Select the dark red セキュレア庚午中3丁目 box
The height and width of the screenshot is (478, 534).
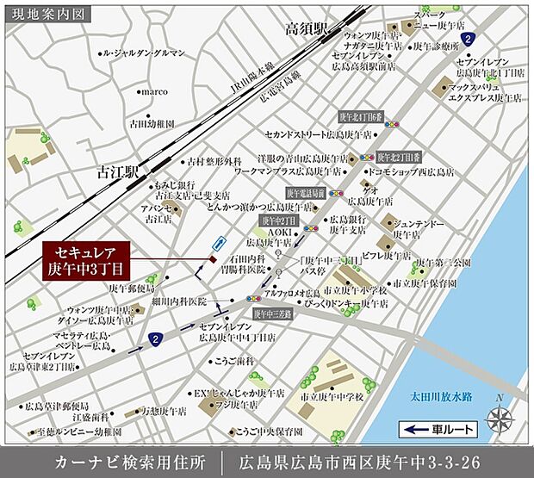[x=86, y=261]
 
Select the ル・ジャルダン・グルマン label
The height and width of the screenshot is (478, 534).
[x=143, y=53]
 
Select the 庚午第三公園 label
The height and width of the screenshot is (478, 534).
[x=444, y=262]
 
